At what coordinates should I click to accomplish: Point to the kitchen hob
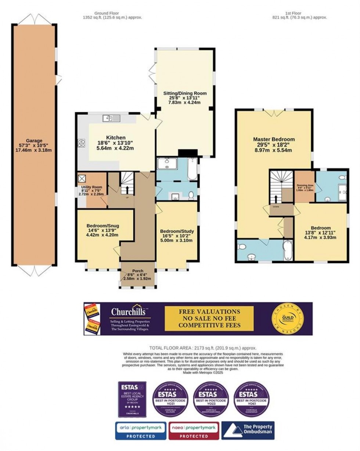click(x=81, y=142)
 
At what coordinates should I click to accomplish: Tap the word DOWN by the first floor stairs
click(x=276, y=207)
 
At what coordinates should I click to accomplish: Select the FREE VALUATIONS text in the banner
click(x=210, y=312)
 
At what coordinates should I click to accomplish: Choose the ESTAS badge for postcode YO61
click(x=252, y=399)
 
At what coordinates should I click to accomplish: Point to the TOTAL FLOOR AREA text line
click(x=202, y=348)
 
